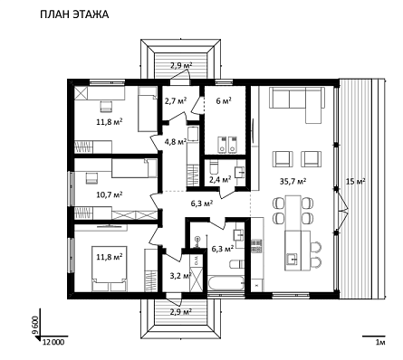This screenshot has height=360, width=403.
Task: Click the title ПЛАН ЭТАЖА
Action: coord(74,14)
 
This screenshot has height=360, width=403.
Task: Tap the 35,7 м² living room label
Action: coord(293,181)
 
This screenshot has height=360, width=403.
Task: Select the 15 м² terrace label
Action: coord(355,181)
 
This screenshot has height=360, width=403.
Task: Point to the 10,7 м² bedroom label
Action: coord(110,194)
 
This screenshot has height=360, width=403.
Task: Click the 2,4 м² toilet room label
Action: coord(220,180)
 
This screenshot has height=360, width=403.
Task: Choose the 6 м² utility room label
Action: coord(224,100)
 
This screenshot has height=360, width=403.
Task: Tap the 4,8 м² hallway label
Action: coord(176,141)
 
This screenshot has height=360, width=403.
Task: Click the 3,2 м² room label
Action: coord(180,275)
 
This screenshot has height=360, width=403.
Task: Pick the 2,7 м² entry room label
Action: coord(176,100)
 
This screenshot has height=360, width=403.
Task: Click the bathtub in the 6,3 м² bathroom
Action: coord(225,284)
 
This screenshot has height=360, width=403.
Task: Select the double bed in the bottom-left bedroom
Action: coord(110,269)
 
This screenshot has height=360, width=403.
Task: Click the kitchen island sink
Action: coord(292,259)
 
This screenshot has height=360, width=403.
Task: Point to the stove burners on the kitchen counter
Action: coord(256,246)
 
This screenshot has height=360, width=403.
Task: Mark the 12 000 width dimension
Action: coord(53,342)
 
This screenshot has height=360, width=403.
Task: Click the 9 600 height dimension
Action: coord(36,325)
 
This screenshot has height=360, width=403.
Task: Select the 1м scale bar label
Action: coord(380,343)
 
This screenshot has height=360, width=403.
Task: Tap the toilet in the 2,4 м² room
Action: coord(214,167)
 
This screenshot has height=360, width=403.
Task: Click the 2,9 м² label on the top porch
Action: coord(181,65)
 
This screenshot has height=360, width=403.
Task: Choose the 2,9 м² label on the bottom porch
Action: coord(180,312)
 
